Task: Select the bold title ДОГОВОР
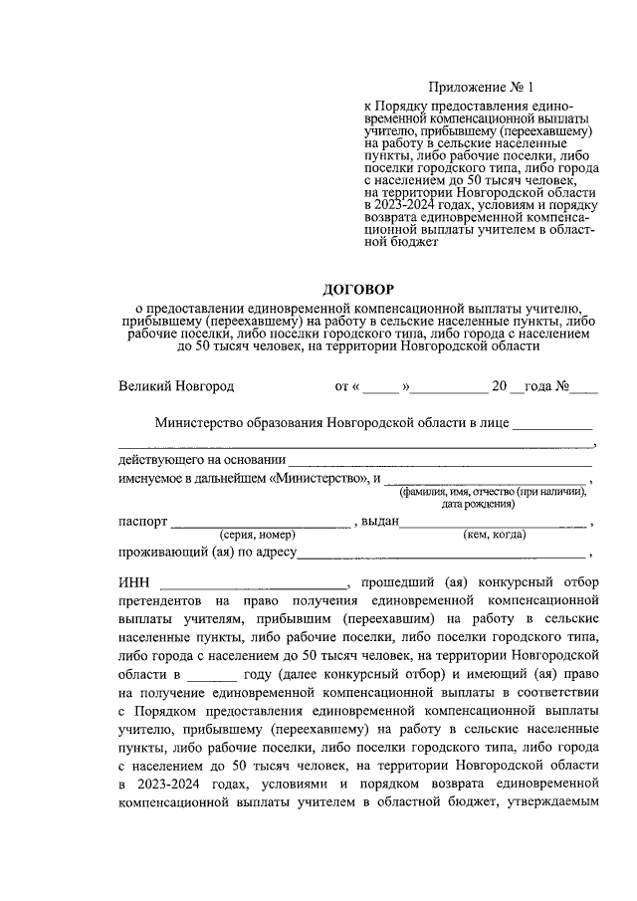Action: click(x=357, y=287)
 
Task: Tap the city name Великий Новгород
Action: click(x=176, y=385)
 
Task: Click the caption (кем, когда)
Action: click(x=495, y=536)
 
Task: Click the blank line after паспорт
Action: click(x=260, y=525)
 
